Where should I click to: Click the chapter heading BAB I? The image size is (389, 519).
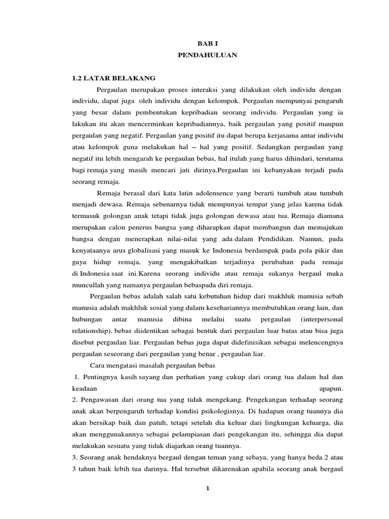tap(208, 45)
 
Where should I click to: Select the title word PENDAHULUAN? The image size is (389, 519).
tap(208, 55)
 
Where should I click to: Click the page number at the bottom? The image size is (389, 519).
tap(207, 488)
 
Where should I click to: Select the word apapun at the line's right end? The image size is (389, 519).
tap(331, 388)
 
